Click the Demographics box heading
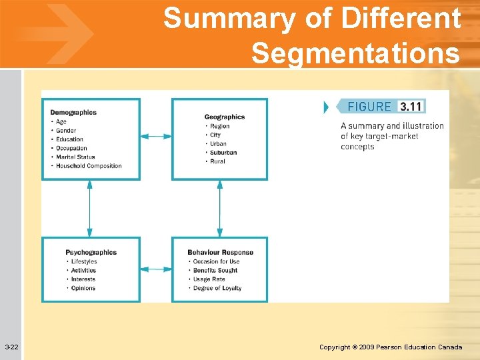point(73,113)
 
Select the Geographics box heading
point(224,117)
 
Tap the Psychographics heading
point(91,253)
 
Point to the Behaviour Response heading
point(220,253)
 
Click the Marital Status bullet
point(75,157)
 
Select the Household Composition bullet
point(89,166)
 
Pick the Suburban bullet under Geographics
point(223,153)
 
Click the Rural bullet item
point(218,161)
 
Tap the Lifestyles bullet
point(84,261)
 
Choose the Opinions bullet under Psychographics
point(83,288)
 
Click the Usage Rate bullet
point(209,279)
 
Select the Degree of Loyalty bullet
point(217,288)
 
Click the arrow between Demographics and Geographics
point(156,137)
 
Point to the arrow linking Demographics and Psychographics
point(89,208)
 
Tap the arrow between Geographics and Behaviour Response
point(219,208)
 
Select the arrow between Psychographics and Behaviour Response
point(156,269)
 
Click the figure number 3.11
point(410,107)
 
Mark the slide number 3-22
point(11,347)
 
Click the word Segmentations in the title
point(355,53)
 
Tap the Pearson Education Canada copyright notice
point(391,347)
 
